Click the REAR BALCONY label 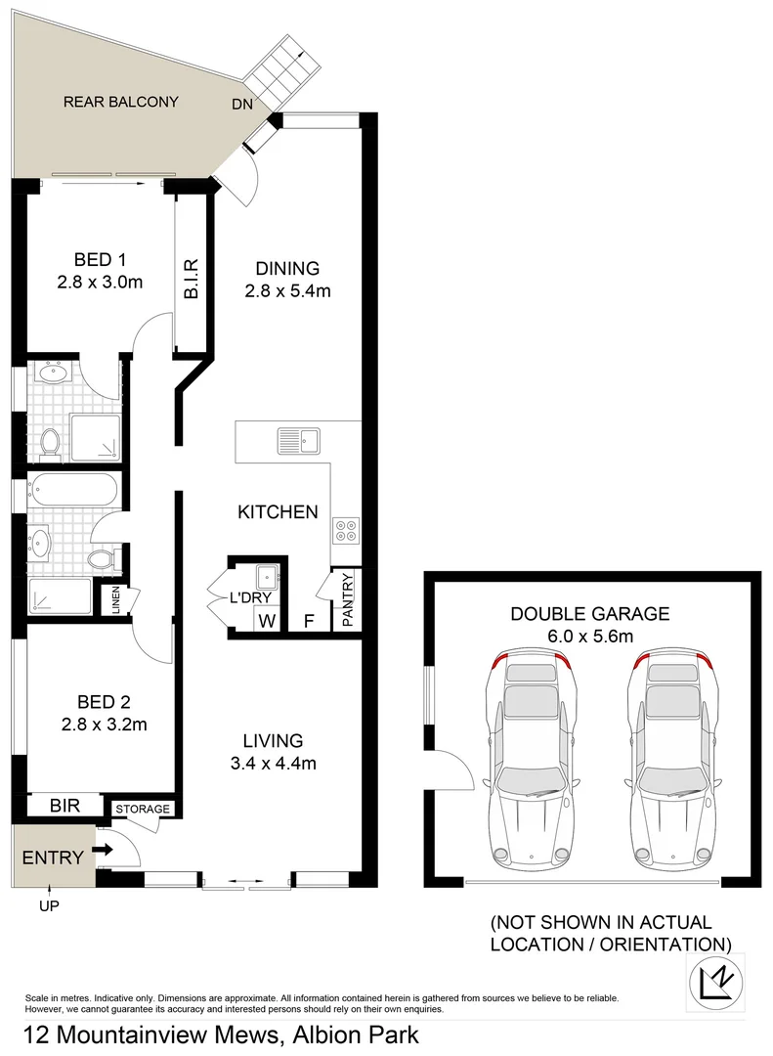pyautogui.click(x=121, y=102)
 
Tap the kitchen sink pyautogui.click(x=298, y=441)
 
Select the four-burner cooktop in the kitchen pyautogui.click(x=346, y=530)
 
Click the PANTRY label pyautogui.click(x=347, y=599)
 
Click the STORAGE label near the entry pyautogui.click(x=143, y=809)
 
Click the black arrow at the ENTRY pyautogui.click(x=105, y=851)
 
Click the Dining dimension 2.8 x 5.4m pyautogui.click(x=287, y=290)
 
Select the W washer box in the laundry pyautogui.click(x=265, y=619)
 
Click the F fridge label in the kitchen pyautogui.click(x=309, y=619)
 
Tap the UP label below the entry pyautogui.click(x=49, y=906)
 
